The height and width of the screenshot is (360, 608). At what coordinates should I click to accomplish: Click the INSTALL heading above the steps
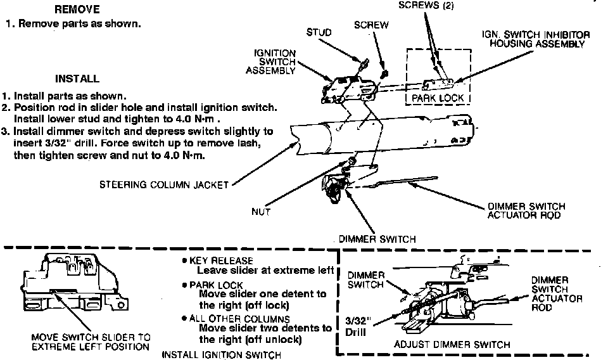tap(77, 79)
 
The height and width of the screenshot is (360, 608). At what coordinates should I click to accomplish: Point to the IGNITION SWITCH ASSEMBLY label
tap(275, 62)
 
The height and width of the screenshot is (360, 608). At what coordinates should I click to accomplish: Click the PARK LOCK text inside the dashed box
tap(438, 98)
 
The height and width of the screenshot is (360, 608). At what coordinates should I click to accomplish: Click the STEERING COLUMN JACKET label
tap(163, 186)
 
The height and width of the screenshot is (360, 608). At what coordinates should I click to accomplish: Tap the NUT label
tap(261, 212)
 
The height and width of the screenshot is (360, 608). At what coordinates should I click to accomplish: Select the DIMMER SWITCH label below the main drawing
tap(377, 239)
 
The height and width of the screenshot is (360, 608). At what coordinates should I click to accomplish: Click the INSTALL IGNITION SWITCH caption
tap(221, 354)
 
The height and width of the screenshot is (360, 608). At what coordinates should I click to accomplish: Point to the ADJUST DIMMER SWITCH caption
tap(452, 345)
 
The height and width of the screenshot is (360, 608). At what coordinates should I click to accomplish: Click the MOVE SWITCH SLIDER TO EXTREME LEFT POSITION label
tap(91, 341)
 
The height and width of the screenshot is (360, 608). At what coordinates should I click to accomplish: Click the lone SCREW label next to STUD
tap(371, 25)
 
